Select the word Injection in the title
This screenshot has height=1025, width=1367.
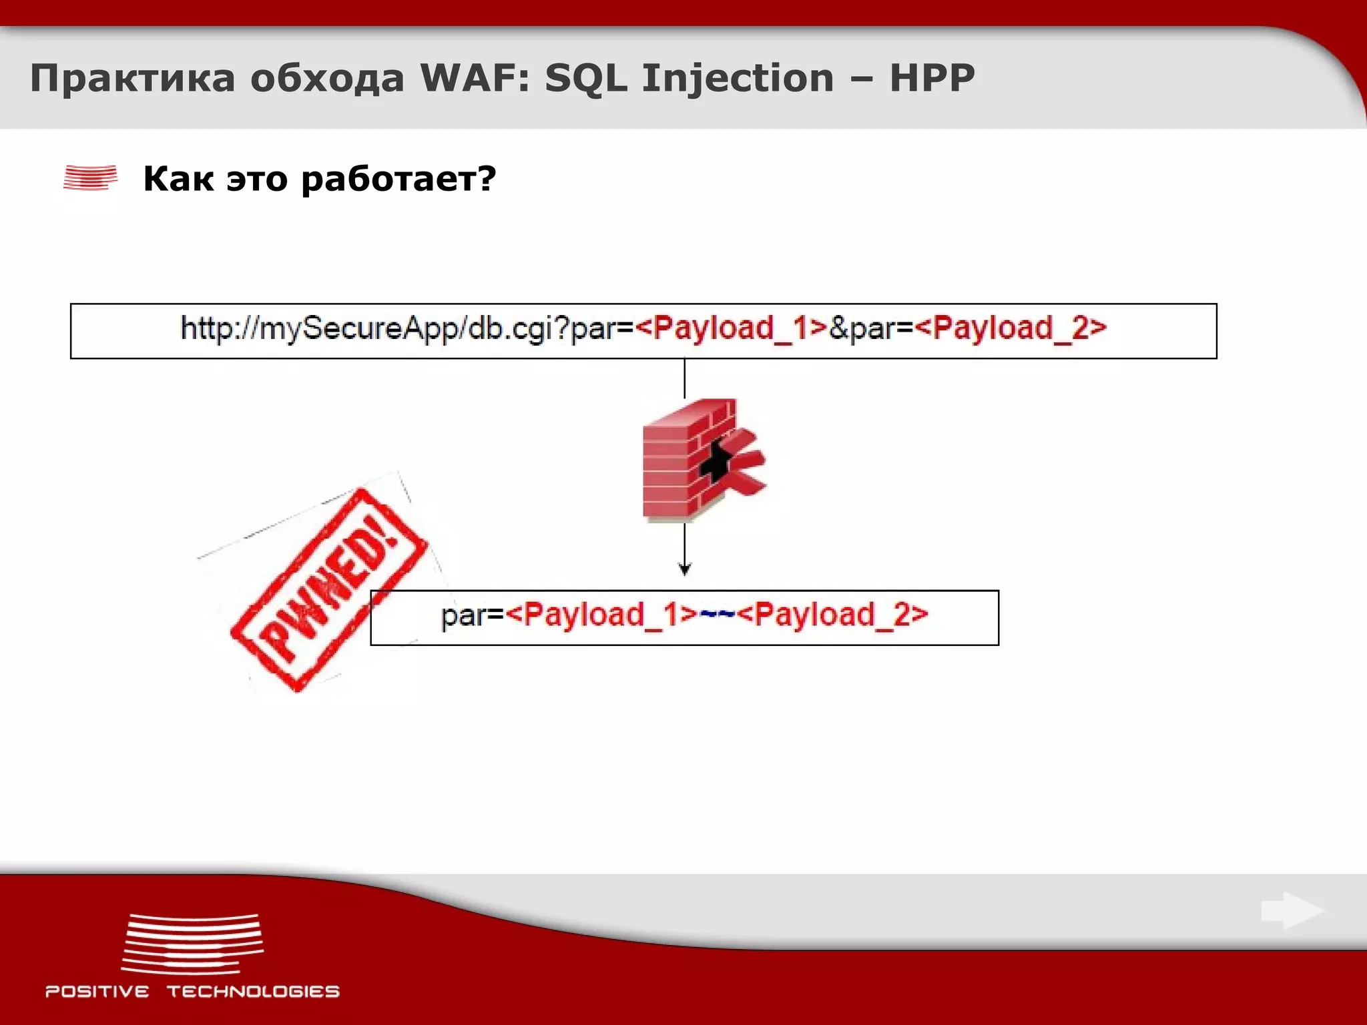pos(738,78)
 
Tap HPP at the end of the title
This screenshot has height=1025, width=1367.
pos(932,78)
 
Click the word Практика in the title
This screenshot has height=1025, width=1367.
pos(133,78)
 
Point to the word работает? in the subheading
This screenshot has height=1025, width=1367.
pos(398,179)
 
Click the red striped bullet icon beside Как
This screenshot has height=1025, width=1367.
pos(90,178)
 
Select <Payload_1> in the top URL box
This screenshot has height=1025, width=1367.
pos(732,328)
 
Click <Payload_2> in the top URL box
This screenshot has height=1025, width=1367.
pos(1011,328)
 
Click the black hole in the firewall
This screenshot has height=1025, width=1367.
pos(716,460)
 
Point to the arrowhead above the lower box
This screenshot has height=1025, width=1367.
pos(684,569)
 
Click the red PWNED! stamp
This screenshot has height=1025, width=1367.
pos(327,591)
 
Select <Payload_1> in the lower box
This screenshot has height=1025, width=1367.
pos(601,615)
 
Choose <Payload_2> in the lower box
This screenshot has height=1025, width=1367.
pos(832,615)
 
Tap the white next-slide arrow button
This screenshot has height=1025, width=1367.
pos(1292,910)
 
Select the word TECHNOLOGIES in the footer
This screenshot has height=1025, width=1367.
pos(253,992)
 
